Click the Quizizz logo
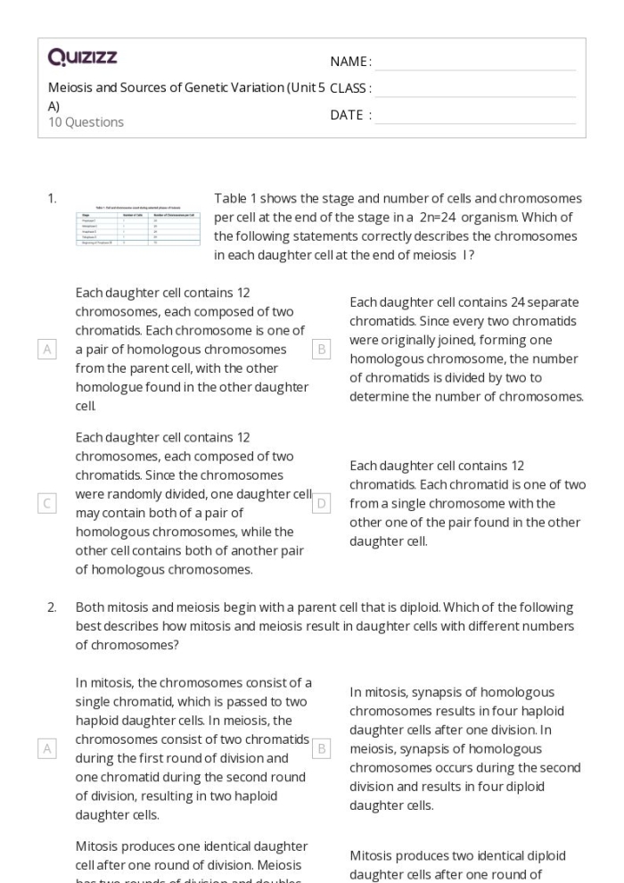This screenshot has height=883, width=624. pyautogui.click(x=82, y=58)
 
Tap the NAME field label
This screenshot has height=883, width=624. pyautogui.click(x=350, y=62)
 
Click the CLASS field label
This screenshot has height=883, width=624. pyautogui.click(x=350, y=88)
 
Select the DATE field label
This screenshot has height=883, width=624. pyautogui.click(x=350, y=115)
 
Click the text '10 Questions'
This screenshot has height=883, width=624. pyautogui.click(x=86, y=122)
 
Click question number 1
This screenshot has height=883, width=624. pyautogui.click(x=53, y=198)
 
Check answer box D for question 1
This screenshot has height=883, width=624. pyautogui.click(x=322, y=504)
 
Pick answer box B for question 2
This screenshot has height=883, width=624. pyautogui.click(x=322, y=747)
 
